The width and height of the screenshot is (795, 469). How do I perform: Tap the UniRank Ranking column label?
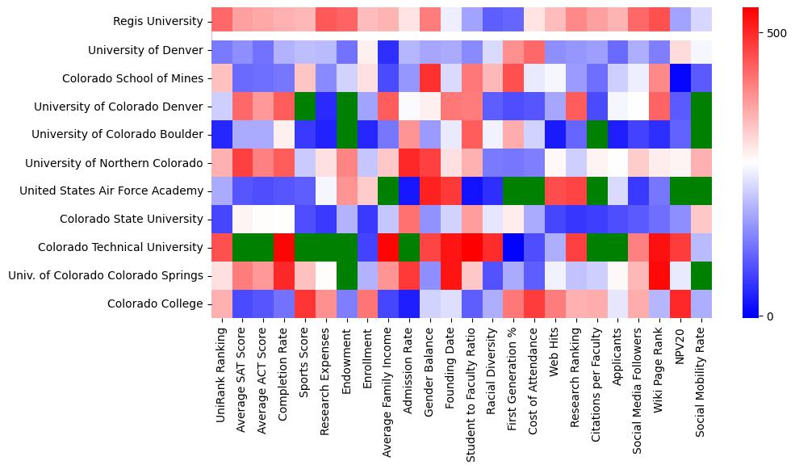pos(221,366)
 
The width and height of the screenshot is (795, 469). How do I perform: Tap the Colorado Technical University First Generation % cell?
pos(514,247)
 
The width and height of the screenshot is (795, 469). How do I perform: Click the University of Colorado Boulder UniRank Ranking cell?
pos(222,135)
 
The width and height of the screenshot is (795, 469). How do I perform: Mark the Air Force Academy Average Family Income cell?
pos(389,191)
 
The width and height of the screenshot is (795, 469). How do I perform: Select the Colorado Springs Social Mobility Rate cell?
pos(702,275)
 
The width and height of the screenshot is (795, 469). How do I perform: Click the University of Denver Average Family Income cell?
pos(389,50)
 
